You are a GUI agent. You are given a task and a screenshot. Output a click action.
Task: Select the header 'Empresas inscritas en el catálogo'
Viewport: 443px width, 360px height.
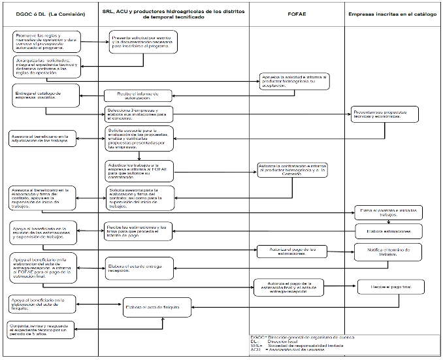click(392, 13)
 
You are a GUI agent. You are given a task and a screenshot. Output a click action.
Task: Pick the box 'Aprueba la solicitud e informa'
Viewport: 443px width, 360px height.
click(293, 81)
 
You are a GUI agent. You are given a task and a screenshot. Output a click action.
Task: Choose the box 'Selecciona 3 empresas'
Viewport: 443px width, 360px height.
click(136, 114)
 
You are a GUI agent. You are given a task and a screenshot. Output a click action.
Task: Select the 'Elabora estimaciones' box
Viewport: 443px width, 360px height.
click(388, 231)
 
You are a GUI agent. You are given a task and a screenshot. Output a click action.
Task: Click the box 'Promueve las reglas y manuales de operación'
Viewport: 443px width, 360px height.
click(46, 41)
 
